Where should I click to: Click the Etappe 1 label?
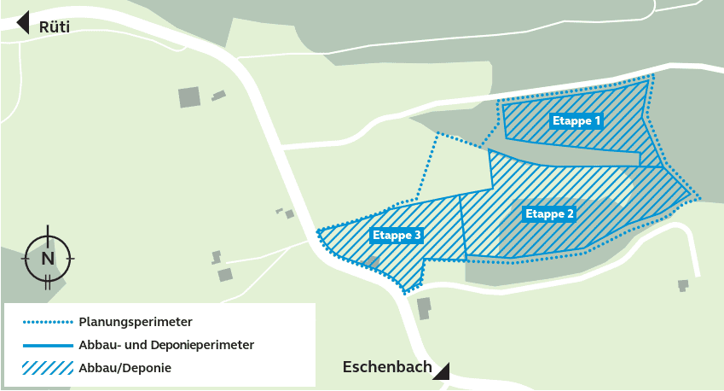click(x=576, y=121)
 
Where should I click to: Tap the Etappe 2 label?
click(x=549, y=213)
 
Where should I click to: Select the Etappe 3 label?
click(x=397, y=234)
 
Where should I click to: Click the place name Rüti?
click(x=55, y=26)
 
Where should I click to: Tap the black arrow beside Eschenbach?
click(x=443, y=370)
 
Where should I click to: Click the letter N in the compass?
click(x=48, y=257)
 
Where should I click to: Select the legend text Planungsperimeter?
click(x=136, y=323)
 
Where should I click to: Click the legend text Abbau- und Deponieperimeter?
click(x=166, y=346)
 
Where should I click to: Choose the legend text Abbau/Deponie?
click(x=125, y=369)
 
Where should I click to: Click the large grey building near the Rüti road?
click(x=189, y=96)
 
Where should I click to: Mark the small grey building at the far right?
click(x=682, y=284)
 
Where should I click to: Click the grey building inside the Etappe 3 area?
click(x=372, y=261)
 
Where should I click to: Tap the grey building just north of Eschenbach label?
click(x=424, y=307)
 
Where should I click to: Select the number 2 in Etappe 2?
click(x=571, y=213)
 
